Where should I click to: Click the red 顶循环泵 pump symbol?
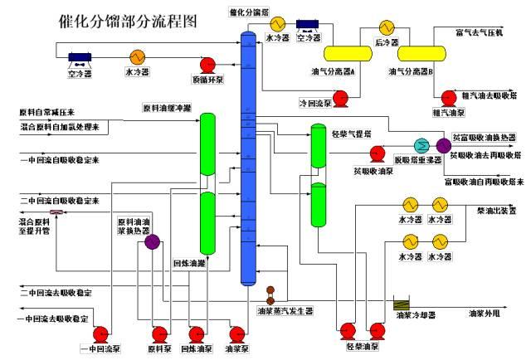click(x=210, y=66)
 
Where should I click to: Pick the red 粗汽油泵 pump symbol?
click(x=449, y=97)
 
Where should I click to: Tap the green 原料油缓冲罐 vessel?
click(x=207, y=146)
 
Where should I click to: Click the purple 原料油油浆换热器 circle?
click(x=153, y=242)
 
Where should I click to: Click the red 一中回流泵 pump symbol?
click(x=101, y=334)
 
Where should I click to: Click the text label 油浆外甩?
click(x=485, y=314)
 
